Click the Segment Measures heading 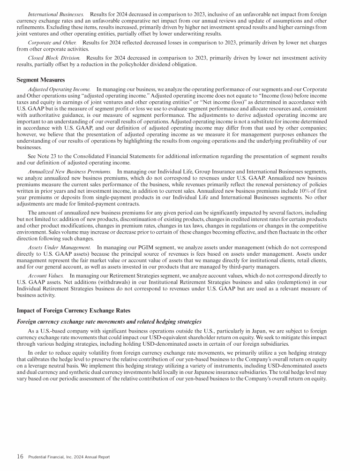tap(41, 80)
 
